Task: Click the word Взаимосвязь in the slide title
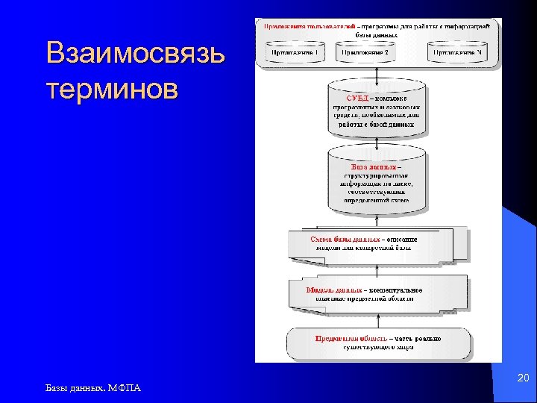134,54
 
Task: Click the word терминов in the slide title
112,89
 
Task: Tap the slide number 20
523,380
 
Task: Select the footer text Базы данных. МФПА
92,387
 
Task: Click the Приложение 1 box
297,54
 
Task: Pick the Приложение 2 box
377,54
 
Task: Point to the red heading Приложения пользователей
308,26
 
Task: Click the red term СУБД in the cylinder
357,99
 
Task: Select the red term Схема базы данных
345,239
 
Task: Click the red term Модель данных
333,290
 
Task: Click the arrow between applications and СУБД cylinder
379,75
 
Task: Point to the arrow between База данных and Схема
379,219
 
